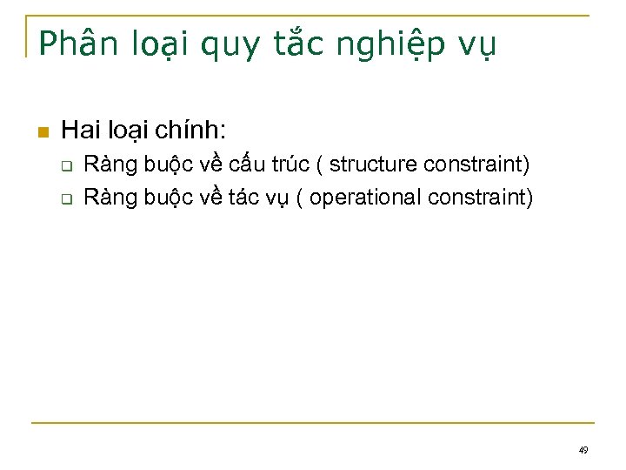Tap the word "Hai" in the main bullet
[82, 131]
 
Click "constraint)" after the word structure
[476, 164]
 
